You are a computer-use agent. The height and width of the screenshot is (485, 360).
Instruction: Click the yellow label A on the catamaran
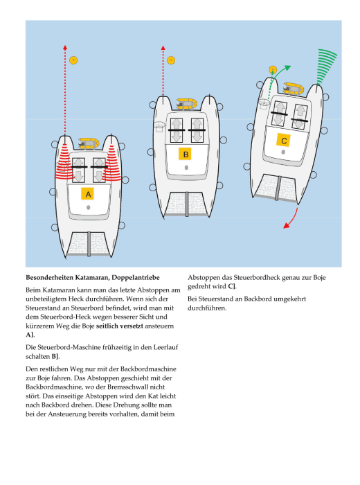click(x=88, y=194)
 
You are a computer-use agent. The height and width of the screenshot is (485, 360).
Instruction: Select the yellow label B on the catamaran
click(x=186, y=154)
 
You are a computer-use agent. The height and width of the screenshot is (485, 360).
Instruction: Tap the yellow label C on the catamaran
click(x=284, y=141)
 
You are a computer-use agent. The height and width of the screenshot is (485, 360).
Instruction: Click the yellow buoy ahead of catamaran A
click(x=73, y=60)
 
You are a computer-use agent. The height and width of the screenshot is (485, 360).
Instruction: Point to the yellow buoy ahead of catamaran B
click(x=171, y=60)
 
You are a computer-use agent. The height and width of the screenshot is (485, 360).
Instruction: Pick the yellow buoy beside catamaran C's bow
click(x=273, y=70)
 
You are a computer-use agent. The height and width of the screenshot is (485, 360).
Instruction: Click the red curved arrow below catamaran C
click(x=292, y=219)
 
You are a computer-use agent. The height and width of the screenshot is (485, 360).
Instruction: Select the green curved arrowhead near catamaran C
click(x=288, y=68)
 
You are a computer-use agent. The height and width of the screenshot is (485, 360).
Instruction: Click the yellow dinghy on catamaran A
click(x=89, y=143)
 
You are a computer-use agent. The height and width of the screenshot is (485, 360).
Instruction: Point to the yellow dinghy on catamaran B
click(x=187, y=104)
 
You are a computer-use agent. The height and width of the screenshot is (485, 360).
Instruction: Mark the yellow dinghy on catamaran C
click(x=294, y=88)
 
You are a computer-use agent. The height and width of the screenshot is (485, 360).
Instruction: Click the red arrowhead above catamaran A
click(x=65, y=47)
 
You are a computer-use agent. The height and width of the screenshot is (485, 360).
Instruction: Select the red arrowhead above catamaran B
click(x=163, y=48)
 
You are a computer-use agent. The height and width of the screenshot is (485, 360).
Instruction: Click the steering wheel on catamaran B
click(x=159, y=125)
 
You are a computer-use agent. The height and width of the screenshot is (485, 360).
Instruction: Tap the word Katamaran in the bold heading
click(x=92, y=277)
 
